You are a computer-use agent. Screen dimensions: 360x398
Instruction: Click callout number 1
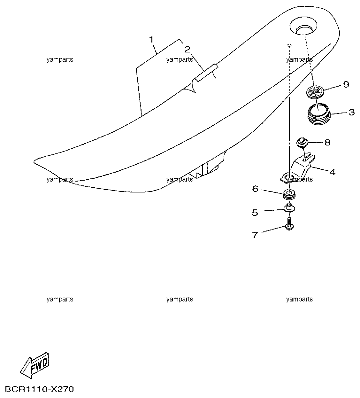click(151, 40)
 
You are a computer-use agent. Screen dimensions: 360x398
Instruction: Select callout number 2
click(187, 50)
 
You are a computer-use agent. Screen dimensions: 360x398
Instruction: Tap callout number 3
click(351, 113)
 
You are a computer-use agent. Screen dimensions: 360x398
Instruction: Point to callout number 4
click(332, 172)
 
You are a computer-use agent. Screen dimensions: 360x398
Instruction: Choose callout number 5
click(255, 213)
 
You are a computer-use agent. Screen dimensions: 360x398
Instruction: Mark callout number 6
click(255, 189)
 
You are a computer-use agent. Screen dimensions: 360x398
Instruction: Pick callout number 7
click(255, 235)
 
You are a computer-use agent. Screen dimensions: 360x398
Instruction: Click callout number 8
click(327, 143)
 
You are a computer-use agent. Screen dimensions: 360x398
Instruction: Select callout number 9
click(346, 85)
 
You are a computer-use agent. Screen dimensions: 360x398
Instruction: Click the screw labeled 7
click(289, 224)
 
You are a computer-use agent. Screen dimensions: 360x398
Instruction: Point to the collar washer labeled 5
click(289, 208)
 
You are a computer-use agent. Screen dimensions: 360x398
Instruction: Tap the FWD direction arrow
click(34, 365)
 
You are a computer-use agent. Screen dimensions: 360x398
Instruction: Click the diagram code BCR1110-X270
click(39, 389)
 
